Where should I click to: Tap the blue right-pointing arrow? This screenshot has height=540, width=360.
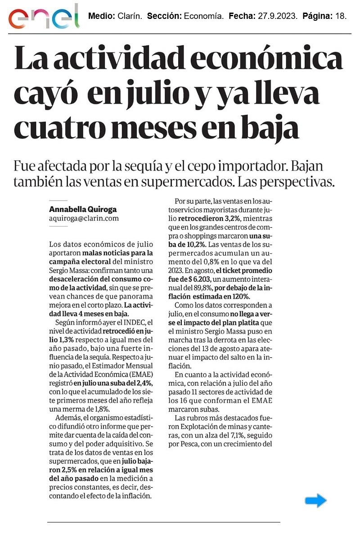tap(315, 500)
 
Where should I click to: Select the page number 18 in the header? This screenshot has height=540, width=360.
tap(341, 16)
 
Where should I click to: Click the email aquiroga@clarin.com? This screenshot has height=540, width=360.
tap(84, 218)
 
